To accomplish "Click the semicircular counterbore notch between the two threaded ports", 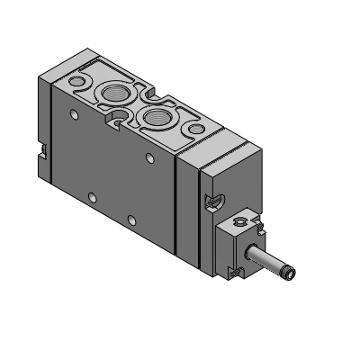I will point(118,114).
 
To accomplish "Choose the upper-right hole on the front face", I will point(151,157).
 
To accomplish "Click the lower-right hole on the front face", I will point(131,219).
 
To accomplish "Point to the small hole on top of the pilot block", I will point(239,220).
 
